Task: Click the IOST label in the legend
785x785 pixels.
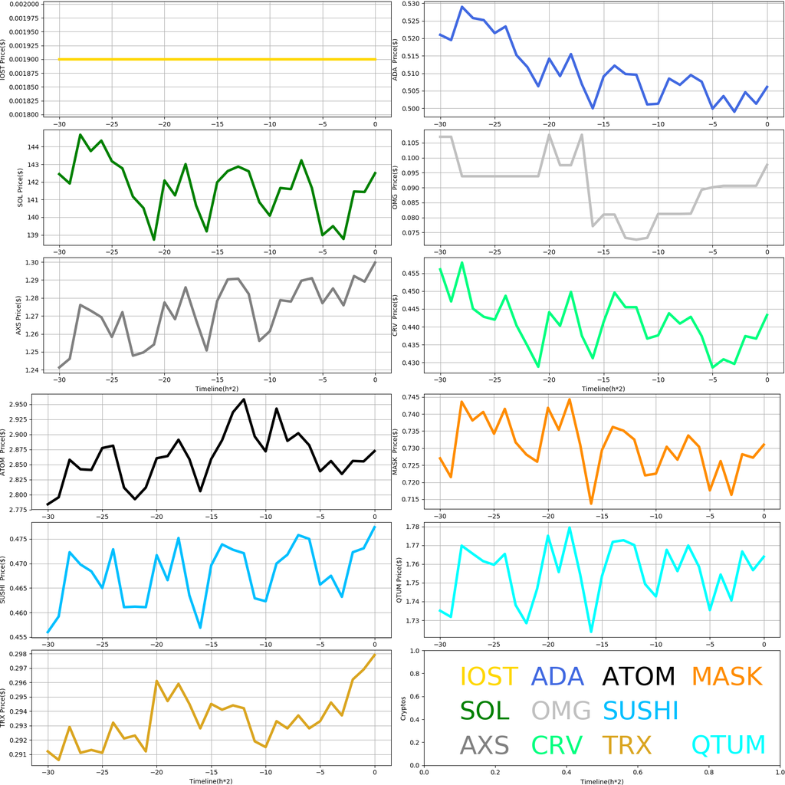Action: point(488,676)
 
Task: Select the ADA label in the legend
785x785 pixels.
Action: point(557,676)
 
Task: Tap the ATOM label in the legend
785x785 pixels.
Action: point(639,676)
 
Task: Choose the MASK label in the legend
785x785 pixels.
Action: point(727,676)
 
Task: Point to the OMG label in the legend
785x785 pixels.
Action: point(561,710)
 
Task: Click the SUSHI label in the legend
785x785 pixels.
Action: point(642,710)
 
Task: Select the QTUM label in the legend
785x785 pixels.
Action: point(728,744)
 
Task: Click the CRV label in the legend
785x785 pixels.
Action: point(557,744)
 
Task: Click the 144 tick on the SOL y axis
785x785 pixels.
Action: point(34,146)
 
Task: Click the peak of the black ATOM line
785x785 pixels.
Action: point(244,399)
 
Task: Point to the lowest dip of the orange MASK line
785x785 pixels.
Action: point(591,504)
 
